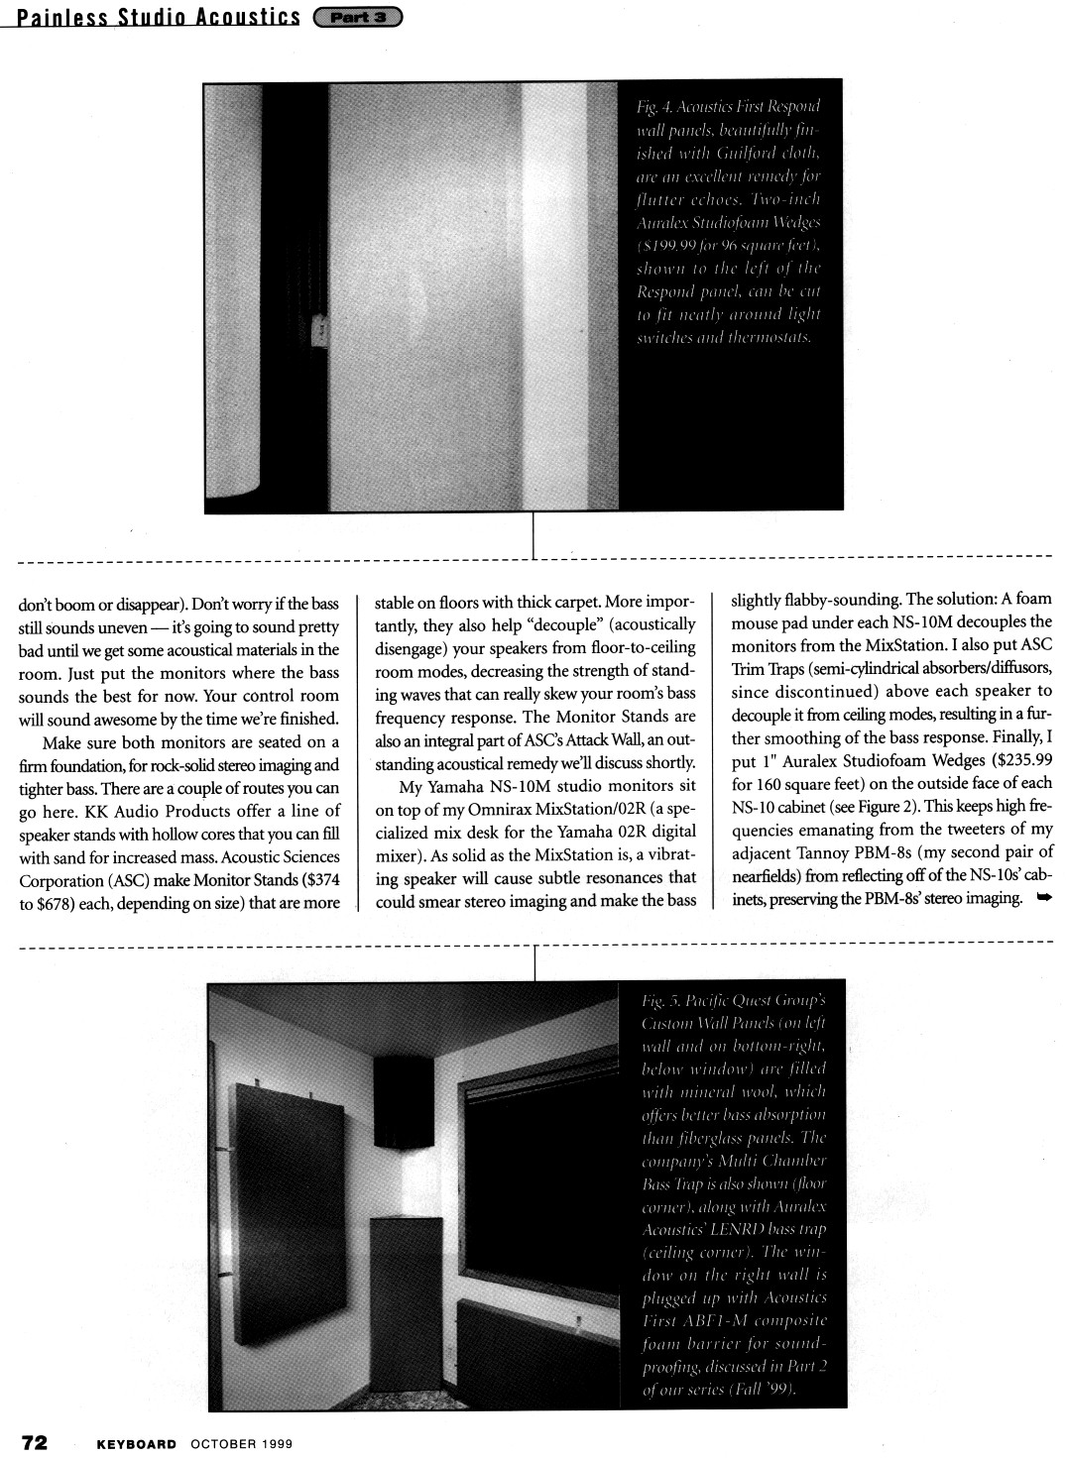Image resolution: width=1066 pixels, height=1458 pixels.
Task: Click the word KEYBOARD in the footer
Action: (x=136, y=1443)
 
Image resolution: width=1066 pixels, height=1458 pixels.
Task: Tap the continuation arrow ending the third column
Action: (x=1043, y=898)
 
